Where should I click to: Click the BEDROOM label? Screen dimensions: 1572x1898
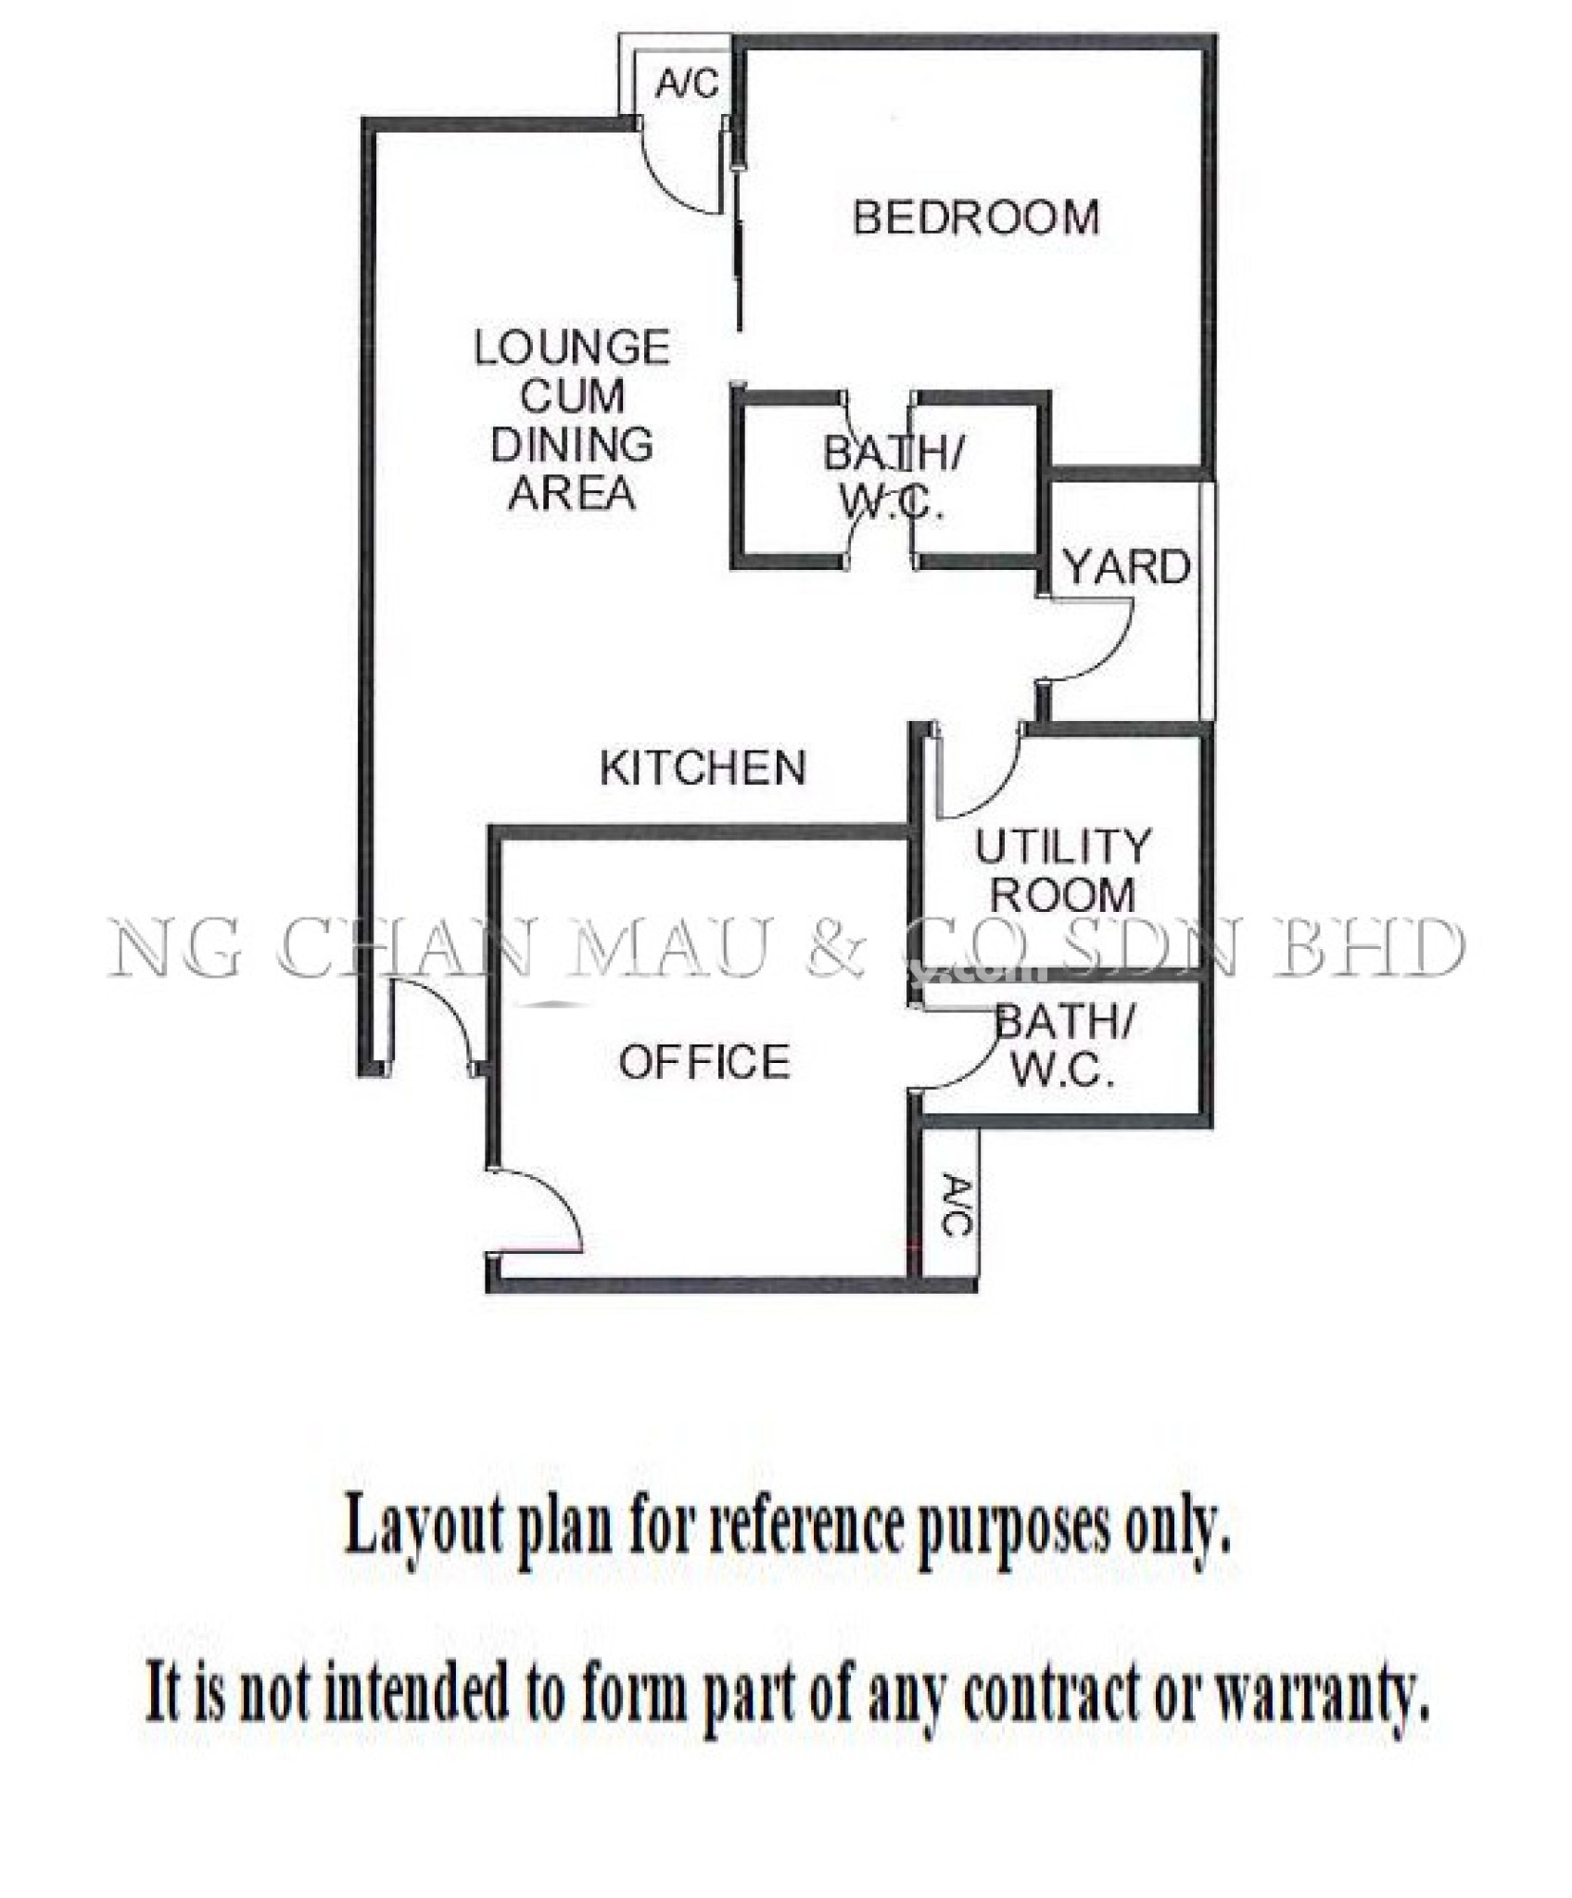click(x=976, y=217)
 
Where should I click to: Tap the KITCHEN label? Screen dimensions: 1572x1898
click(x=704, y=767)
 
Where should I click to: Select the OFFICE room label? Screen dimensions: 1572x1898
click(x=704, y=1061)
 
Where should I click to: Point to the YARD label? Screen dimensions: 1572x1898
click(x=1126, y=566)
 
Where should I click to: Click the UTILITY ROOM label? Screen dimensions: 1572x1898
click(x=1063, y=870)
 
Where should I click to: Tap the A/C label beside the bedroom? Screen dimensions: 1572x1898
click(x=687, y=84)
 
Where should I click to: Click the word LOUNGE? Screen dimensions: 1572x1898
click(x=572, y=348)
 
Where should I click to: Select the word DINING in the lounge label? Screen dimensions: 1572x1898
click(x=572, y=445)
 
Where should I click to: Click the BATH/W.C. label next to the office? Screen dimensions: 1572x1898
click(x=1063, y=1047)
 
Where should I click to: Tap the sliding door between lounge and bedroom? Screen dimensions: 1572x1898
click(x=737, y=222)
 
